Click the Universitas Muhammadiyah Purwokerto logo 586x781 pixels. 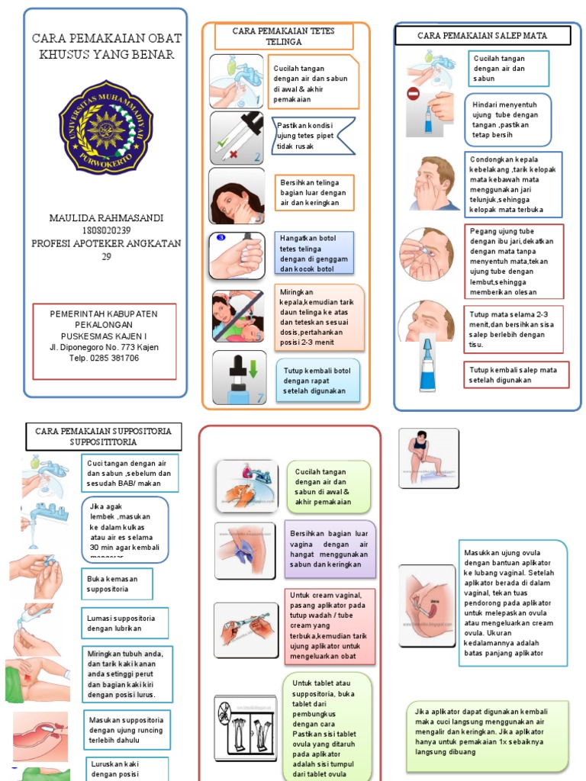[105, 127]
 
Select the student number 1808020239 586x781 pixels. [105, 231]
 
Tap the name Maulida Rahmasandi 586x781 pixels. [105, 218]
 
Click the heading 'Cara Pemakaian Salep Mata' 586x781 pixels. [472, 35]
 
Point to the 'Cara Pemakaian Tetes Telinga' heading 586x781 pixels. [284, 36]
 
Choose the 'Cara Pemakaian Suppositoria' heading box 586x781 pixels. [104, 436]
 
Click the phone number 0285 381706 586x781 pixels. [105, 358]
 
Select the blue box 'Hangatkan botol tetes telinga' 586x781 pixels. [314, 253]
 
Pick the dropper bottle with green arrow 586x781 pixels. [239, 378]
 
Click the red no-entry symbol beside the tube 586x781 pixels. [414, 94]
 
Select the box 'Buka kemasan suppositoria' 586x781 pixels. [116, 583]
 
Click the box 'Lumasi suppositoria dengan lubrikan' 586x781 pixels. [124, 622]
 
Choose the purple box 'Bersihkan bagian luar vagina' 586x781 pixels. [330, 549]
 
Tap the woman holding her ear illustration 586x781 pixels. [237, 197]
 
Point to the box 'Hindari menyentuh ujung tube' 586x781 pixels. [507, 119]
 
